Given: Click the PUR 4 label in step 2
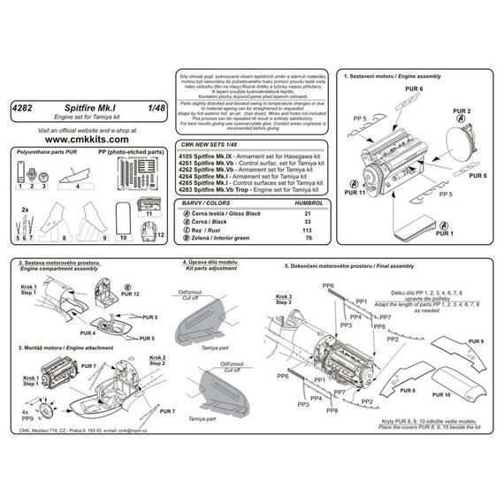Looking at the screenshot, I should pos(88,333).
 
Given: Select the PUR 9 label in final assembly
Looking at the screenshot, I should pos(474,340).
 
